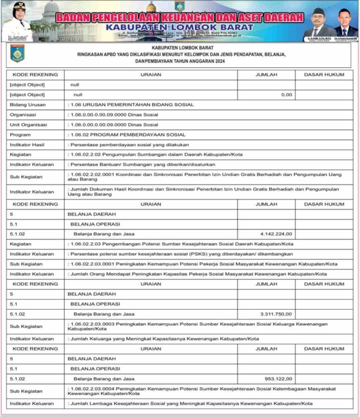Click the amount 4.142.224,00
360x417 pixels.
[x=276, y=234]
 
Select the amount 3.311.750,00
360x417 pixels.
[x=276, y=313]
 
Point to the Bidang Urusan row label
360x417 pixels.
[x=28, y=104]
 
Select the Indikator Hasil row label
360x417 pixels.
[x=27, y=144]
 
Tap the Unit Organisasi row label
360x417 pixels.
[x=28, y=124]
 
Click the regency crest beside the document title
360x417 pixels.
[x=17, y=54]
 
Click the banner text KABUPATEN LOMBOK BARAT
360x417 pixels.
[x=179, y=27]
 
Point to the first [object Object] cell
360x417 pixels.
[x=27, y=85]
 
